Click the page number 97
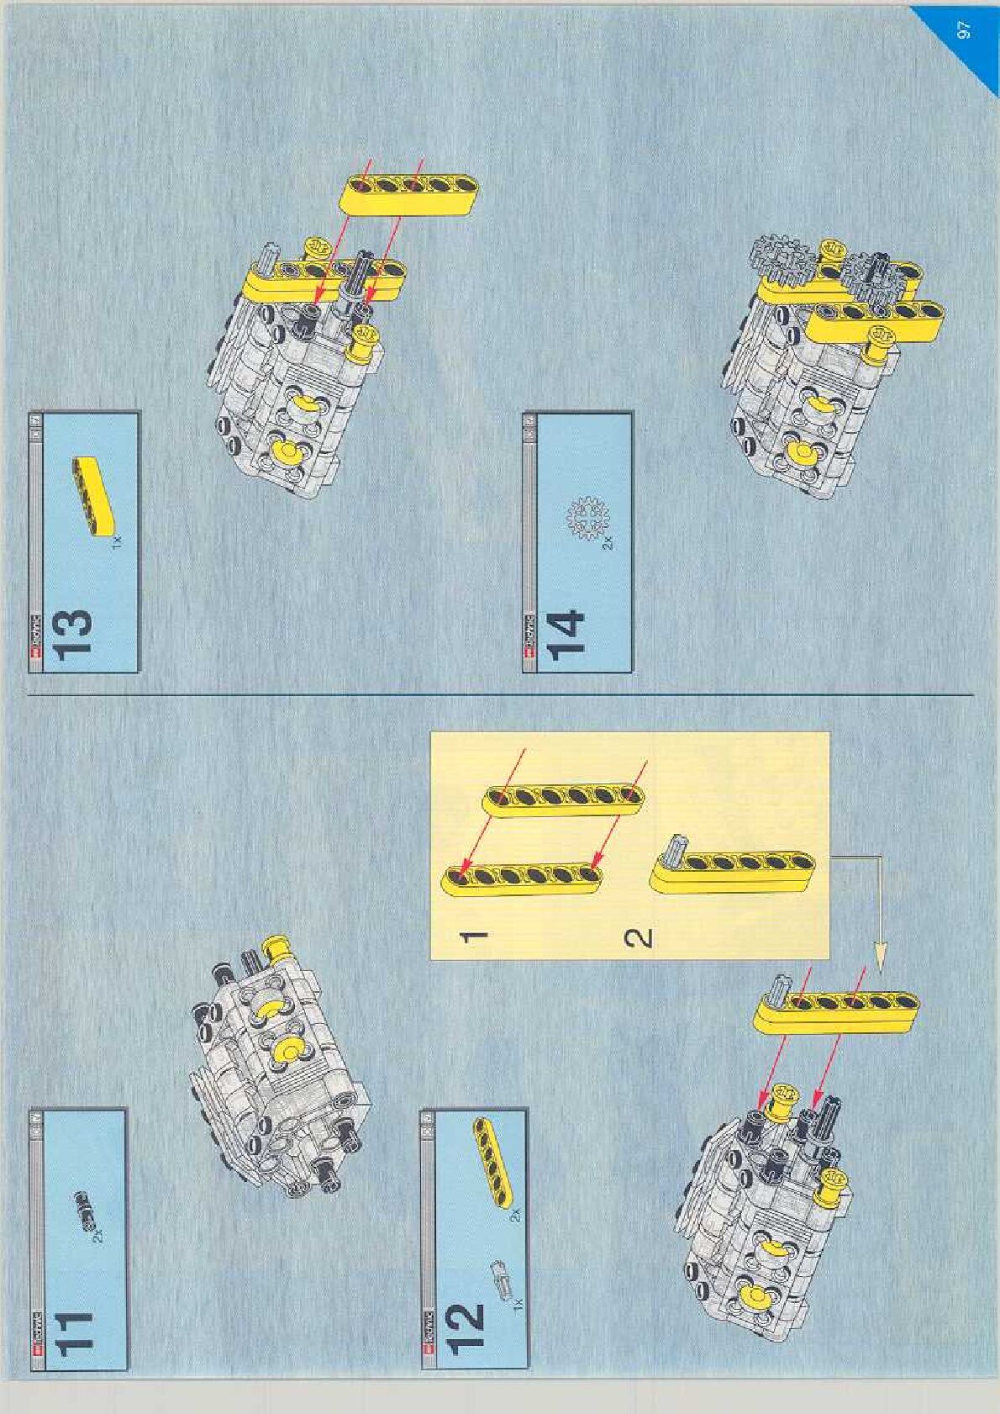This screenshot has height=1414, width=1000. click(x=964, y=30)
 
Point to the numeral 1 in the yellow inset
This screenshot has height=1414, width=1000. click(x=476, y=935)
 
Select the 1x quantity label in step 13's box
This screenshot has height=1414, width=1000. click(x=117, y=543)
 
